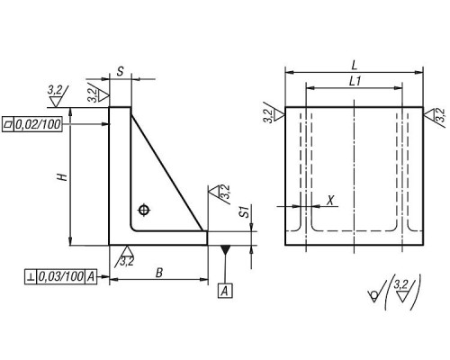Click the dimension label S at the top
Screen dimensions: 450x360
pos(120,71)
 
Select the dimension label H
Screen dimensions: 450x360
pos(63,177)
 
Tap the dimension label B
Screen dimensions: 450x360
pos(159,273)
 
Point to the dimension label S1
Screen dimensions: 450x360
pos(246,211)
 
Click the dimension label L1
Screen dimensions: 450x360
pos(355,82)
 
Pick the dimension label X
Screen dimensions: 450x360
pos(330,201)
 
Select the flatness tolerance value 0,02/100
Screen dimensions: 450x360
pos(38,124)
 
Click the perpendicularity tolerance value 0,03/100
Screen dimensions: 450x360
pos(60,276)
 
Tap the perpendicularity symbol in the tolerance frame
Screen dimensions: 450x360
pos(31,276)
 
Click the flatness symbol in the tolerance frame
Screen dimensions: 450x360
pos(8,124)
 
